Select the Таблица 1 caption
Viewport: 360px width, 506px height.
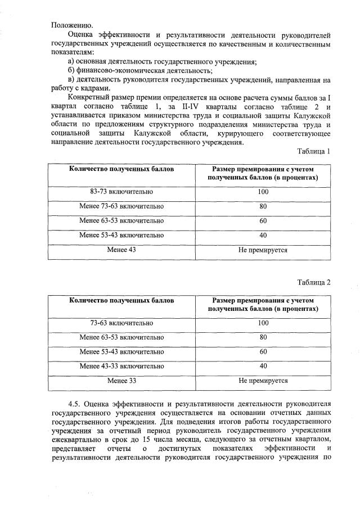point(314,151)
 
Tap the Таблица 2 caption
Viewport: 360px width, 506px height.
point(314,282)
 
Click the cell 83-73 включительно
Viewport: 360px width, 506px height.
point(121,192)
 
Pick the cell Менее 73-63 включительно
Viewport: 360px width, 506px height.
point(121,206)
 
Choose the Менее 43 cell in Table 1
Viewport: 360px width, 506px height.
point(121,249)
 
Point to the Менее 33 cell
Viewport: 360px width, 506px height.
point(121,381)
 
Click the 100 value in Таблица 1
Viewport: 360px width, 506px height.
point(263,192)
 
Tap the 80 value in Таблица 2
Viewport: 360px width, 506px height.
point(263,338)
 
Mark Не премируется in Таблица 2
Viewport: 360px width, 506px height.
point(263,381)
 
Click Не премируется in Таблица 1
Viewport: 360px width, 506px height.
point(263,249)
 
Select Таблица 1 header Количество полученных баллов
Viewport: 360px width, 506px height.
point(121,169)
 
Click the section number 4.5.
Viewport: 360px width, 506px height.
point(75,404)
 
